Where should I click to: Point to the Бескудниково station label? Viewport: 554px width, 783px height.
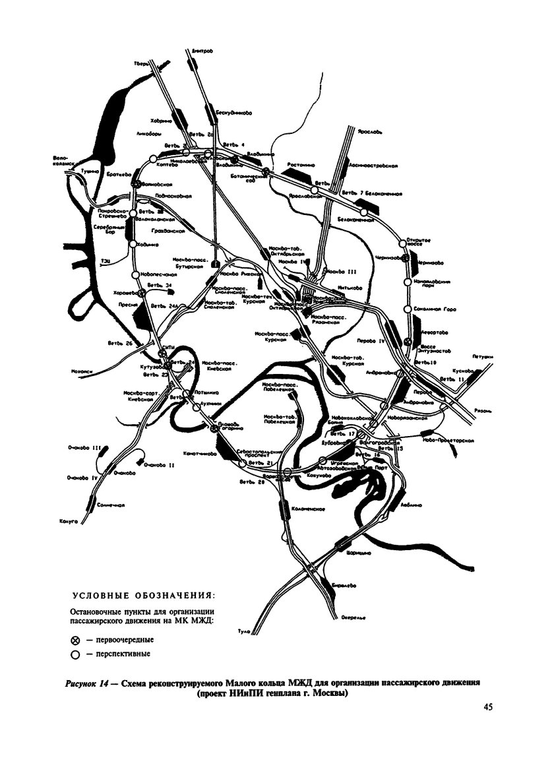pos(234,113)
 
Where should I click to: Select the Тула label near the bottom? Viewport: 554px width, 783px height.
pos(244,632)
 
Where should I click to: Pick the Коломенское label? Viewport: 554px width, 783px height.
pos(305,508)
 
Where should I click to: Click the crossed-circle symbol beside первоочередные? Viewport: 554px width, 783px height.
pos(75,640)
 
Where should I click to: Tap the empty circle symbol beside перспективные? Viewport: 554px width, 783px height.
pos(75,655)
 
